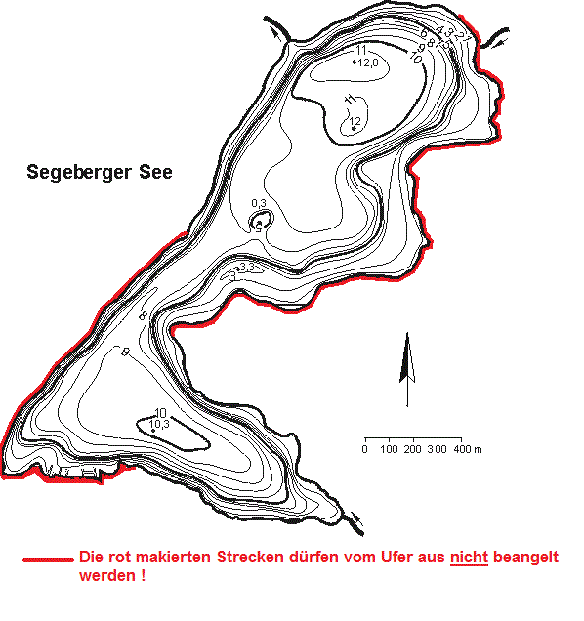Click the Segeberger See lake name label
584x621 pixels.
[99, 173]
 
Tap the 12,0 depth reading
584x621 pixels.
[368, 62]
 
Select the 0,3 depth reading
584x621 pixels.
[259, 203]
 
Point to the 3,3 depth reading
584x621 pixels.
[246, 267]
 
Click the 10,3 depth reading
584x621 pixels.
[160, 424]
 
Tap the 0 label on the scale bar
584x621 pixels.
[364, 449]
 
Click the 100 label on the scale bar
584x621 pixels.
[389, 449]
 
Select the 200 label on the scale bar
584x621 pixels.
[412, 449]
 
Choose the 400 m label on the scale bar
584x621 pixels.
[470, 449]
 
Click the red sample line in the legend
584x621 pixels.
[48, 560]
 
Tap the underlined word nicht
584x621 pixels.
[468, 558]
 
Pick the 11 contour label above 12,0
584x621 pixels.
[361, 50]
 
